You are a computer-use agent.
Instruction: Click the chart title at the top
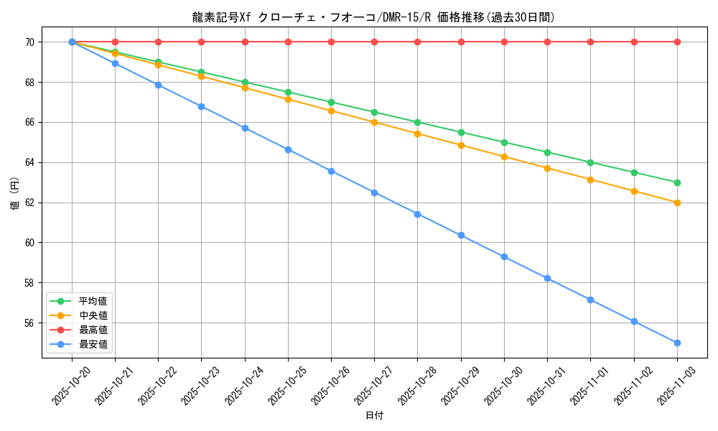click(373, 17)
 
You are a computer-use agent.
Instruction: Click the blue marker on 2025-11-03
click(677, 343)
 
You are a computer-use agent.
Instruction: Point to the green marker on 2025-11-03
click(677, 182)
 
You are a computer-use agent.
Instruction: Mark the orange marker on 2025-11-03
click(677, 203)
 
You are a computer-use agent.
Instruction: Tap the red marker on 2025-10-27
click(374, 42)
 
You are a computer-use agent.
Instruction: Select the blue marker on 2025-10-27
click(374, 193)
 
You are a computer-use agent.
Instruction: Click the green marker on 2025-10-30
click(504, 142)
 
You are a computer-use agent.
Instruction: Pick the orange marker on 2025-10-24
click(245, 88)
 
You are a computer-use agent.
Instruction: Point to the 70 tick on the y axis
click(30, 42)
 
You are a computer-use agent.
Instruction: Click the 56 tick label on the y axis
click(30, 323)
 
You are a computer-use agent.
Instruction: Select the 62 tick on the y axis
click(30, 203)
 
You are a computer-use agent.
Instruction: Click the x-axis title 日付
click(374, 416)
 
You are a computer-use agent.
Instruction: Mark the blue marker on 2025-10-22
click(158, 85)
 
